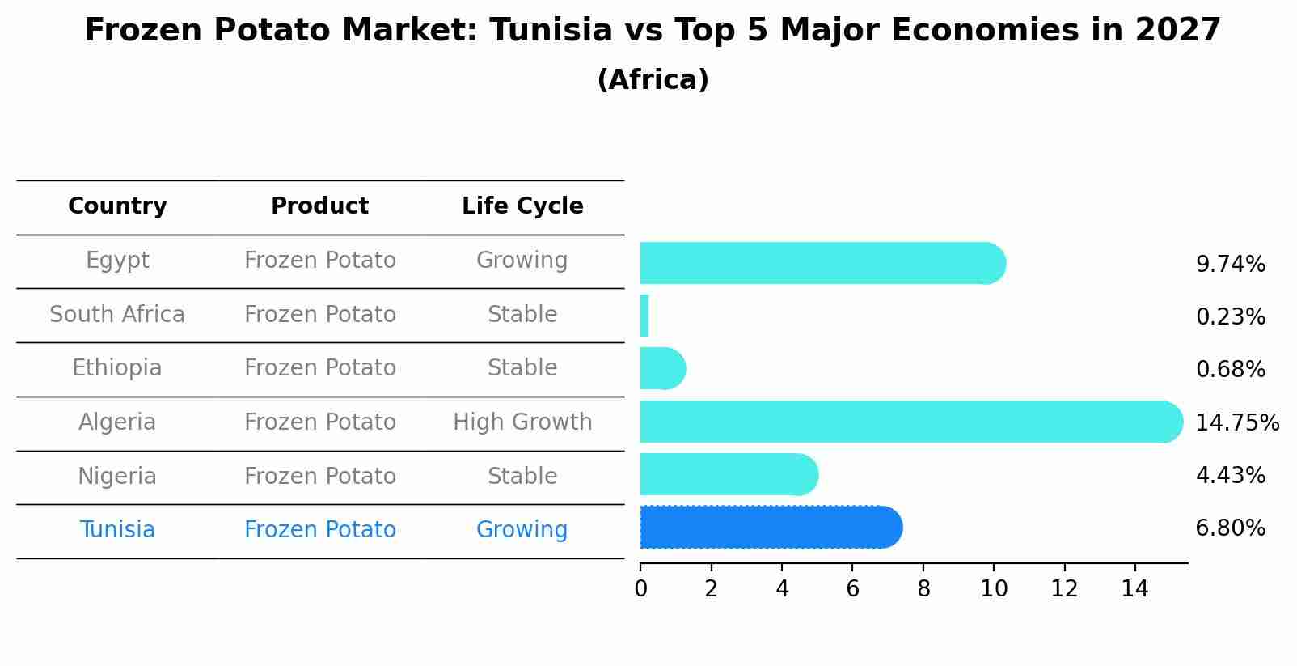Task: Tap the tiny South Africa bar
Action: tap(644, 316)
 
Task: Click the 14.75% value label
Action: tap(1236, 423)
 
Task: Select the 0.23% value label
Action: tap(1230, 317)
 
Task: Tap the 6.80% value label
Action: tap(1230, 528)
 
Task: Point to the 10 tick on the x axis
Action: tap(994, 589)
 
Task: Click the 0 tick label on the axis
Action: tap(640, 589)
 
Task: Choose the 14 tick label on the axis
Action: tap(1134, 589)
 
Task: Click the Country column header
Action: tap(117, 206)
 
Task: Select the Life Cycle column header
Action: tap(522, 206)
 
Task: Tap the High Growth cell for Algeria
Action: tap(522, 422)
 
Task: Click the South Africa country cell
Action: tap(117, 315)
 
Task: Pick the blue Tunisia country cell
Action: tap(117, 530)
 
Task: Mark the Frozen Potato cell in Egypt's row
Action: tap(320, 261)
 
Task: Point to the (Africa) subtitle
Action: tap(653, 80)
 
